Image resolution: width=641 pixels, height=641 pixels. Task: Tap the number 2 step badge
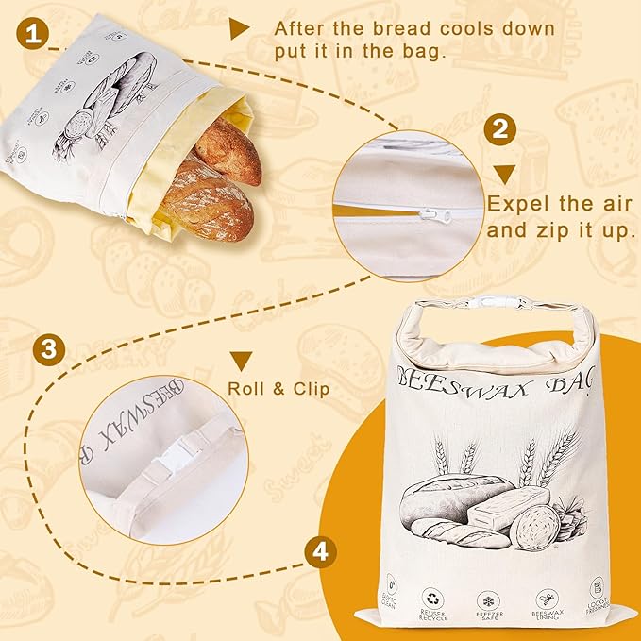tap(502, 129)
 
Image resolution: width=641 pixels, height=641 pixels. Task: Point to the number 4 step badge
tap(321, 551)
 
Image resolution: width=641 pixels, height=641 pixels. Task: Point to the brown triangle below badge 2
tap(504, 173)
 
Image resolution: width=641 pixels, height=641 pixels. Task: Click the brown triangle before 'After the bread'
tap(240, 29)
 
